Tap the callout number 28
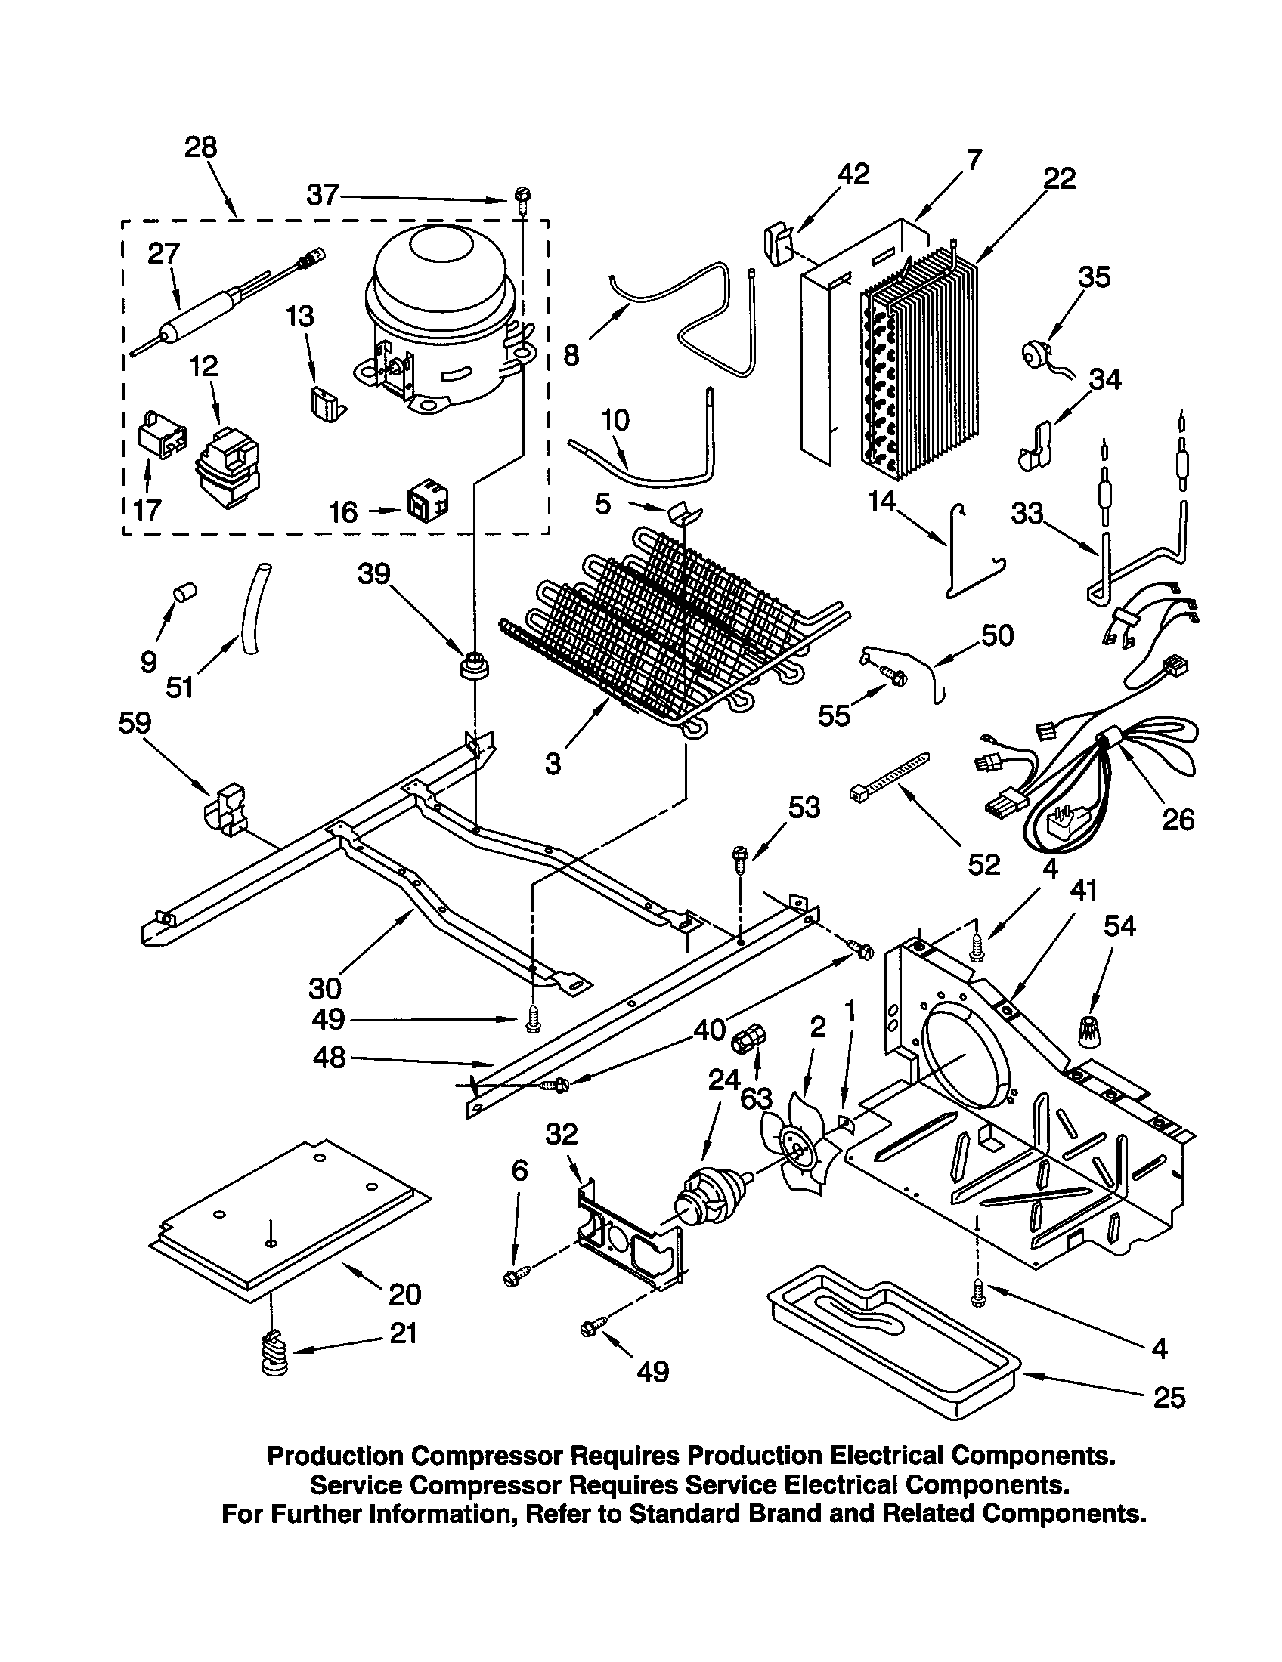pos(200,147)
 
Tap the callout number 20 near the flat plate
pos(404,1293)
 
